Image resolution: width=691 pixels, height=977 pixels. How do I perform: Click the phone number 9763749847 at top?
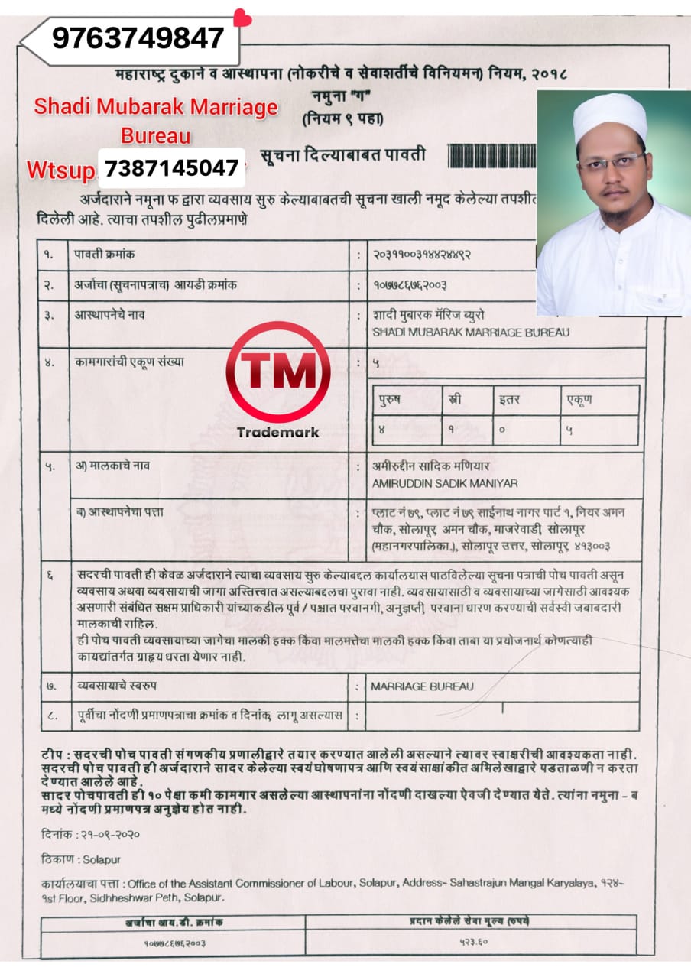138,37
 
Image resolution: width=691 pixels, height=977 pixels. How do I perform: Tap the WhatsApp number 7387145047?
171,167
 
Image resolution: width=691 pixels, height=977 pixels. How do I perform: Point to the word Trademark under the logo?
278,432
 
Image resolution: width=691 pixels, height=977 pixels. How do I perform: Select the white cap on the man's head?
610,116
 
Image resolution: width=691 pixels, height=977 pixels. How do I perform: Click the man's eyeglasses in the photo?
611,163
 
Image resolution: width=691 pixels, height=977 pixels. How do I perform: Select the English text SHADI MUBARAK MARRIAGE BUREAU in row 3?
470,333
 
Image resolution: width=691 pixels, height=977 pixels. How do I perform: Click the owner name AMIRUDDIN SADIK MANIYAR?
444,482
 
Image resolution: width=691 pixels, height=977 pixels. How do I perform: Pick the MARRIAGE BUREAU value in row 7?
422,686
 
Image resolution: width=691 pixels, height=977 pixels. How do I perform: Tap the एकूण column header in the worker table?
579,399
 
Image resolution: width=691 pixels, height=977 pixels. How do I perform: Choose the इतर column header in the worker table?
511,399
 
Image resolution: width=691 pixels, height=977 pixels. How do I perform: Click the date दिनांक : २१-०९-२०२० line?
91,834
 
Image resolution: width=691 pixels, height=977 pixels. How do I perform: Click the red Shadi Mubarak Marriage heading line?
156,108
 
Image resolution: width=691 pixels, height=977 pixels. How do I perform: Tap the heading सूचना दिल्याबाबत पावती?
342,156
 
